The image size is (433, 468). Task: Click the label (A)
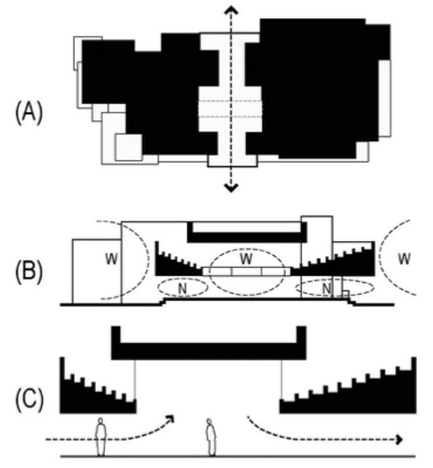click(29, 113)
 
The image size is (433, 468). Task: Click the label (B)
click(29, 271)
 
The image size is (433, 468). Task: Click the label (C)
click(29, 400)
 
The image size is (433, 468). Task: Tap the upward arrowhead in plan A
click(231, 11)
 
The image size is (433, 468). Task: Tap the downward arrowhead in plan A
click(231, 187)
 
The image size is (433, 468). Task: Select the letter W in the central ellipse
click(246, 258)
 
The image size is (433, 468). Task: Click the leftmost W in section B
click(111, 259)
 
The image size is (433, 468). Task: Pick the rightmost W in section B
click(404, 258)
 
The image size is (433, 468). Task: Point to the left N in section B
click(182, 288)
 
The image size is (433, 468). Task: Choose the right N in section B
click(327, 288)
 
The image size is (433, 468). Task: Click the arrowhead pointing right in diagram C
click(400, 439)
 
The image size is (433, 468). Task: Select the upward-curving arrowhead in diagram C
click(170, 419)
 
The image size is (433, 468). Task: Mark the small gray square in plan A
click(129, 147)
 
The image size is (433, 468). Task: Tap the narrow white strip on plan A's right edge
click(385, 98)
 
